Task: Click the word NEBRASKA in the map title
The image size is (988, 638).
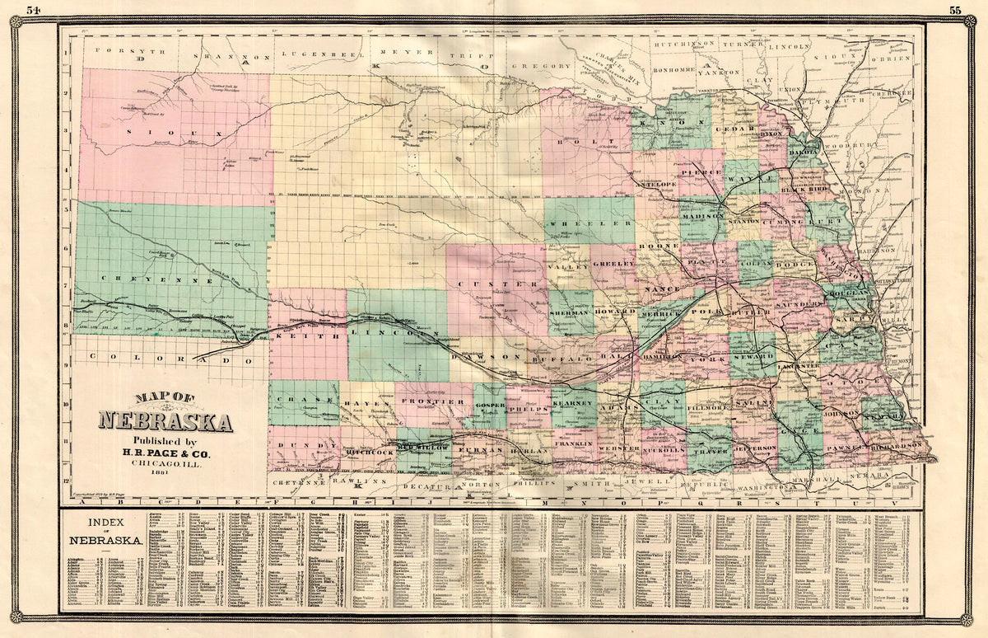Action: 165,422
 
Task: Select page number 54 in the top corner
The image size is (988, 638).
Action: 33,10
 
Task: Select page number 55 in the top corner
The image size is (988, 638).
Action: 955,10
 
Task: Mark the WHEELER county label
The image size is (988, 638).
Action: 589,224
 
